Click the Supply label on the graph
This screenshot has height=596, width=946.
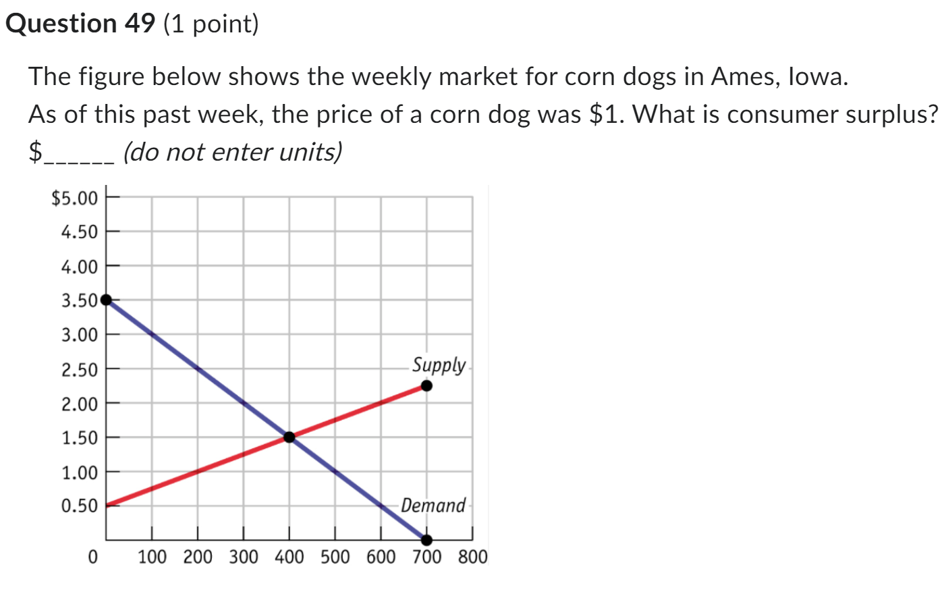pos(439,365)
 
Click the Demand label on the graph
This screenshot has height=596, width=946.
pos(433,506)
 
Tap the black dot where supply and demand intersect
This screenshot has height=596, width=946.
pos(289,437)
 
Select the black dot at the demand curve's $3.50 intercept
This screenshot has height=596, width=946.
pos(106,300)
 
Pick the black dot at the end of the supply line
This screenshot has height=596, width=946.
pos(426,386)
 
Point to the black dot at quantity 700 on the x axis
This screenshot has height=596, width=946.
pos(426,540)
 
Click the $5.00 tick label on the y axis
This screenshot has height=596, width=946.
pos(74,198)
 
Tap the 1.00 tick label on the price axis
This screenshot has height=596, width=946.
pos(80,472)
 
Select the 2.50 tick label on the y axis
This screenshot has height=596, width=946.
pos(80,370)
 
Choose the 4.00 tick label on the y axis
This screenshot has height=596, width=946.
pos(80,267)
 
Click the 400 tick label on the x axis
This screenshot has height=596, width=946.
pos(289,558)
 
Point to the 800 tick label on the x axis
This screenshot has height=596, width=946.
pos(472,558)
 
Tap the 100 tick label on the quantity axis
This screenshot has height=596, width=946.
pos(152,558)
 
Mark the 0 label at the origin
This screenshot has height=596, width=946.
pos(93,558)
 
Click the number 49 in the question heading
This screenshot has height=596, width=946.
pos(140,24)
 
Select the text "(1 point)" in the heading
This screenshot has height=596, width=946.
pos(211,24)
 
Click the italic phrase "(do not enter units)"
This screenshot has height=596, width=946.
pos(232,152)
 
